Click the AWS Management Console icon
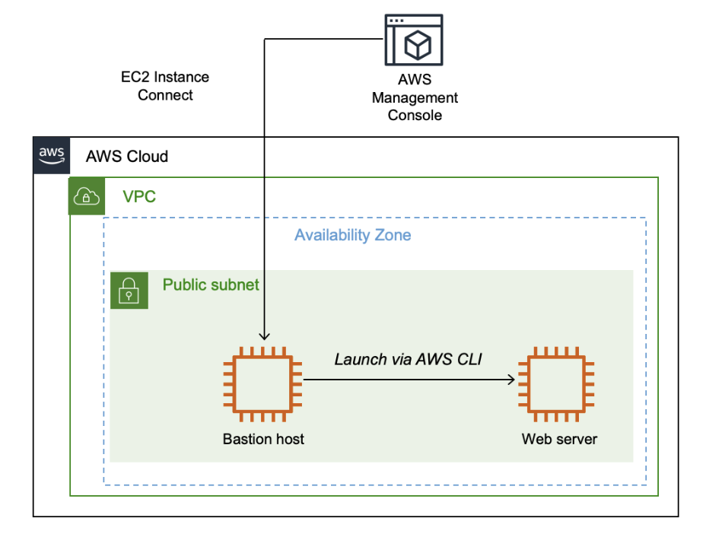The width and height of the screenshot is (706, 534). [x=414, y=41]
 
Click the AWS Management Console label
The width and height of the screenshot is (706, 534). [x=415, y=97]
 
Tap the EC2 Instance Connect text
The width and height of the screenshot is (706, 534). [x=165, y=86]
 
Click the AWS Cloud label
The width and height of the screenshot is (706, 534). [x=127, y=157]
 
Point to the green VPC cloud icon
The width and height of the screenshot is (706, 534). [x=86, y=197]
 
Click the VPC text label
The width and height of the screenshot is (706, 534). [x=139, y=197]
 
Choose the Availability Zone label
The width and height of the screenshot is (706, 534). [x=353, y=235]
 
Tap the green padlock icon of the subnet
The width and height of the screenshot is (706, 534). [x=129, y=290]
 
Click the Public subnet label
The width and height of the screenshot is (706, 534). [x=211, y=285]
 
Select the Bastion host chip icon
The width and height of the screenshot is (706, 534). [x=263, y=384]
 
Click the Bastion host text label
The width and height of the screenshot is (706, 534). [x=263, y=439]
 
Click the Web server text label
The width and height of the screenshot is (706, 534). [x=559, y=439]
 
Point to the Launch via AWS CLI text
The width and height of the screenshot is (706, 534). [x=409, y=359]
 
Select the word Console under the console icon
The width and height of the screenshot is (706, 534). [x=415, y=116]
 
